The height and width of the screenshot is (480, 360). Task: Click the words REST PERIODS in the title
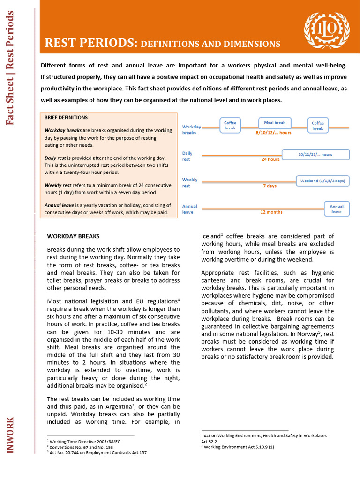(x=89, y=43)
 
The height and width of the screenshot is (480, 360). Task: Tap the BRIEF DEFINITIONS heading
(x=66, y=117)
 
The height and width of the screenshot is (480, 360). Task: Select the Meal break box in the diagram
(x=275, y=123)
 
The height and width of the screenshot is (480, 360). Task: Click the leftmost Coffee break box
(x=230, y=125)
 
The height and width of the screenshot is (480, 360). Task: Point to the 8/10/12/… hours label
(x=273, y=133)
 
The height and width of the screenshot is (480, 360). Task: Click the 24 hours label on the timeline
(x=270, y=159)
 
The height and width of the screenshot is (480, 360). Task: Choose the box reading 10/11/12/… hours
(x=315, y=155)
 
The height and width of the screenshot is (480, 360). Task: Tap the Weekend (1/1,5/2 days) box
(x=322, y=181)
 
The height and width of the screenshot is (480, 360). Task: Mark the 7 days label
(x=270, y=186)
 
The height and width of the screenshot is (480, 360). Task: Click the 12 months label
(x=271, y=212)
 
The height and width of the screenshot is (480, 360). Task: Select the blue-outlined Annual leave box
(x=337, y=209)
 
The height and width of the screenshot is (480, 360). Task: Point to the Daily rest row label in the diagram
(x=187, y=156)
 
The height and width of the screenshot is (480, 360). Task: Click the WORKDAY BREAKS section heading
(x=73, y=236)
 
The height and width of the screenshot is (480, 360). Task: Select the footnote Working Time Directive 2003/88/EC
(x=84, y=442)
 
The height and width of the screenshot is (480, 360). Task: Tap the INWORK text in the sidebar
(x=10, y=435)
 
